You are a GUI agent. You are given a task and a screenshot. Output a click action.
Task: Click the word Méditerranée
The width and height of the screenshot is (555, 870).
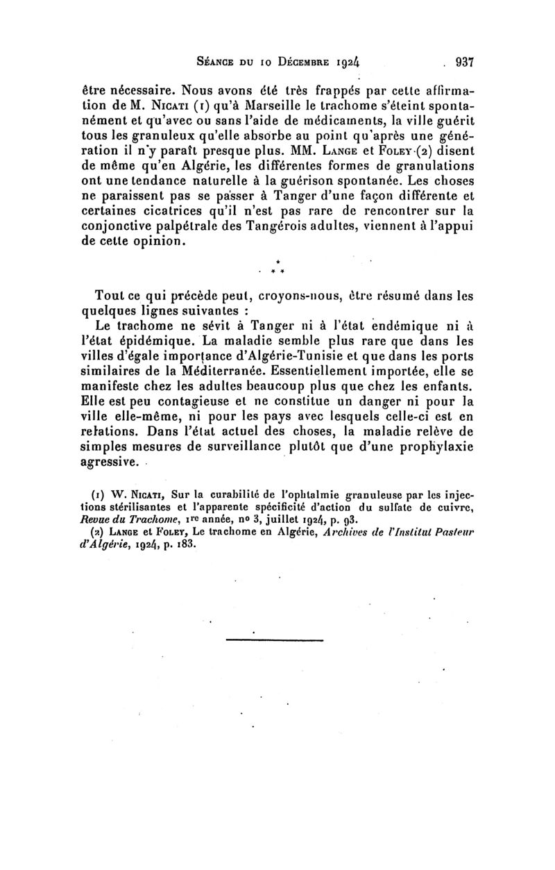tap(230, 374)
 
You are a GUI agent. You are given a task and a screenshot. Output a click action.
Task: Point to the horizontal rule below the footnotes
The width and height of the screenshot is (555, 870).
tap(275, 639)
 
